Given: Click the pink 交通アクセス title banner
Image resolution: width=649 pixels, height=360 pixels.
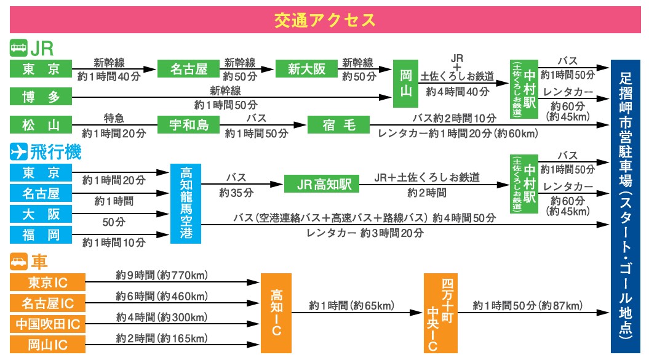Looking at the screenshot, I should coord(324,20).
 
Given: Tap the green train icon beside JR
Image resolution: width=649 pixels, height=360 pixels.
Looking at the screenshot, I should coord(18,48).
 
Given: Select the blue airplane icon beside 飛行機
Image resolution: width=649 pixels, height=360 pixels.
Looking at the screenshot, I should coord(19,151).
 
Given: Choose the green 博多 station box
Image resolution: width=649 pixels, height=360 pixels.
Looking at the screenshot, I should coord(41,97).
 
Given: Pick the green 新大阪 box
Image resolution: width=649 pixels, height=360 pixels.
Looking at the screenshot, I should coord(306,69).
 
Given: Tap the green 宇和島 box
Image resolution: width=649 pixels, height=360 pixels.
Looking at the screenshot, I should coord(188,125).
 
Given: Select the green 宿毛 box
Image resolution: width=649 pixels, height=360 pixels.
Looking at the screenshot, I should coord(339,125).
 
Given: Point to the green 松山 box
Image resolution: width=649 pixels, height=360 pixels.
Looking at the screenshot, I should coord(41,125).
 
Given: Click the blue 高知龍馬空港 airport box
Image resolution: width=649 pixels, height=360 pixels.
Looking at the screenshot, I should coord(185,204).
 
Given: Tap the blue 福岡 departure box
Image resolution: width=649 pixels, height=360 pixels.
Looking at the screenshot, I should coord(41,234).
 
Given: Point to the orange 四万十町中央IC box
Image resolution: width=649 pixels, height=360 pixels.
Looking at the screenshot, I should coord(440,313).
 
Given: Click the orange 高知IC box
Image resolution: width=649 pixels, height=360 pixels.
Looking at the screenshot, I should coord(276,313).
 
